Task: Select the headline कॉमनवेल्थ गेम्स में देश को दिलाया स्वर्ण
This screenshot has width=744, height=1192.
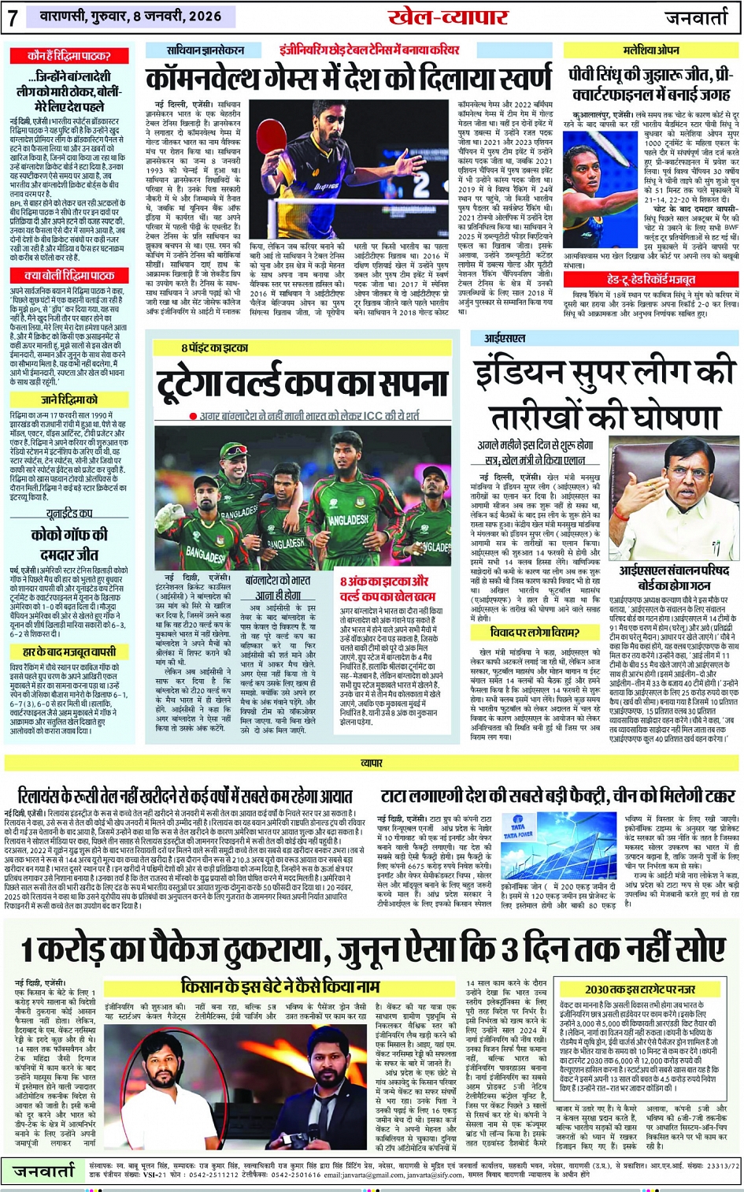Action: click(x=349, y=79)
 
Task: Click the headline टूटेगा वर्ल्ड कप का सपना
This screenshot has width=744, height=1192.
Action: click(x=302, y=384)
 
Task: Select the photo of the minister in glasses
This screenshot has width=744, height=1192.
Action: click(x=674, y=499)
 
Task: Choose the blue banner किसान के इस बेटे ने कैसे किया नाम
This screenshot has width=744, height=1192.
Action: click(x=280, y=986)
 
